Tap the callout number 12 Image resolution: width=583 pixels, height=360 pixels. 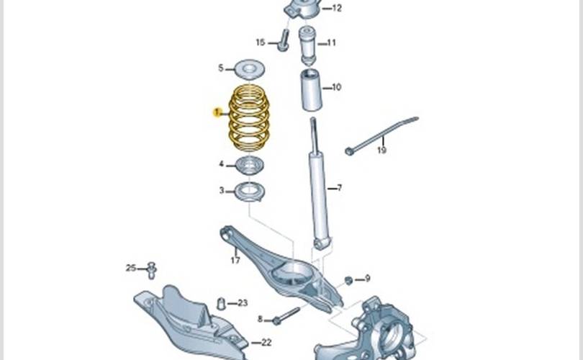[x=337, y=9]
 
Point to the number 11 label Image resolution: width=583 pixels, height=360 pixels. [x=331, y=42]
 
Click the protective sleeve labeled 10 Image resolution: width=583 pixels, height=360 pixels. [x=311, y=91]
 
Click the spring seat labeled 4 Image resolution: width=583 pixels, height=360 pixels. [x=250, y=165]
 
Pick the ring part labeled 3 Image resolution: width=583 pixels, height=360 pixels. [x=250, y=192]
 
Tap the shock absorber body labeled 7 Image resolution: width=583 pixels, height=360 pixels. [x=319, y=194]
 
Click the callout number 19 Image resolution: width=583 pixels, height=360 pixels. [x=381, y=150]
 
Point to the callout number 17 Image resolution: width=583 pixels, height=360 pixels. [x=235, y=260]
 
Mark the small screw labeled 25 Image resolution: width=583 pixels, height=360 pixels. [x=152, y=270]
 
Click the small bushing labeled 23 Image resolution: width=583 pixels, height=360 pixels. [x=222, y=302]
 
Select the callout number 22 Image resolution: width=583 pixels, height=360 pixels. [x=266, y=342]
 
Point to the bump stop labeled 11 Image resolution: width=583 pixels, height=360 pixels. [x=309, y=43]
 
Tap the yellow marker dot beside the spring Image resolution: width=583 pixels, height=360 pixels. [x=216, y=112]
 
